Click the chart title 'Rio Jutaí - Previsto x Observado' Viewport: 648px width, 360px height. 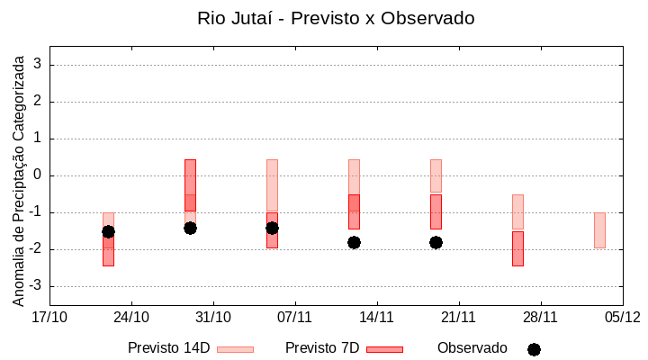[336, 18]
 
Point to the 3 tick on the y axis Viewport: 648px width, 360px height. [38, 65]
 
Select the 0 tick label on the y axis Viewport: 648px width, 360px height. [38, 175]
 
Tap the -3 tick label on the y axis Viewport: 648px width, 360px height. [35, 286]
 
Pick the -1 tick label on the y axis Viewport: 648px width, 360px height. [35, 212]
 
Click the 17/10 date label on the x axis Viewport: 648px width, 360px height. [49, 317]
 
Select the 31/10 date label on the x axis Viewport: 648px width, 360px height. [213, 317]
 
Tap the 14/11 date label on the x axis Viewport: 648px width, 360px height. [377, 317]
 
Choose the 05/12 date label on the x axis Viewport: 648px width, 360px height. [622, 317]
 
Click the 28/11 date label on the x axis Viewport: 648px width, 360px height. [540, 317]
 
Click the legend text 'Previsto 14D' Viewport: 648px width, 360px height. [168, 348]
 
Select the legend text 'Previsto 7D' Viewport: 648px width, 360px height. [321, 348]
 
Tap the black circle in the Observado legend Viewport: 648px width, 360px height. [534, 349]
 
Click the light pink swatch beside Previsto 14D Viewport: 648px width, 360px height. [235, 349]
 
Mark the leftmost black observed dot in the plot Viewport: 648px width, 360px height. [108, 231]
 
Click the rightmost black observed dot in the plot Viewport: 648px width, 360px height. [436, 242]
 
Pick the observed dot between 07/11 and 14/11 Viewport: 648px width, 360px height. [354, 242]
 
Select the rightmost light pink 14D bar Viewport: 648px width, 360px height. [599, 230]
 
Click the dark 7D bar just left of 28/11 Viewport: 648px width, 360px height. [517, 248]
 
